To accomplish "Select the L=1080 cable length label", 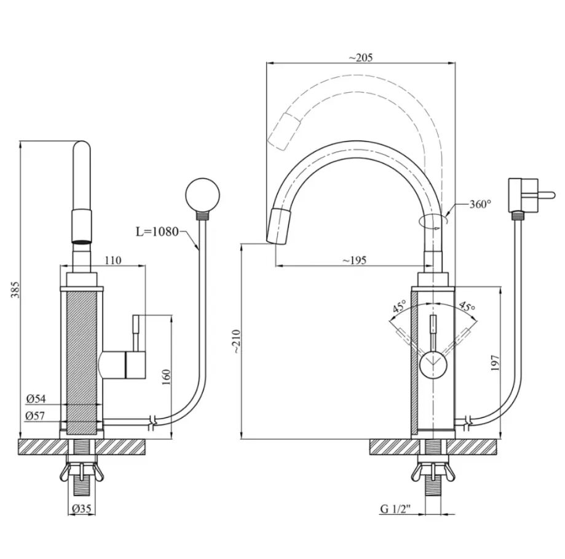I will point(157,232).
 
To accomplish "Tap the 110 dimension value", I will point(112,260).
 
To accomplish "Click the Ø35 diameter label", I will point(82,509).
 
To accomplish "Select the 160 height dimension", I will point(167,376).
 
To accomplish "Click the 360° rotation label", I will point(480,204).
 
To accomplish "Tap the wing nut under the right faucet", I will point(432,472).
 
